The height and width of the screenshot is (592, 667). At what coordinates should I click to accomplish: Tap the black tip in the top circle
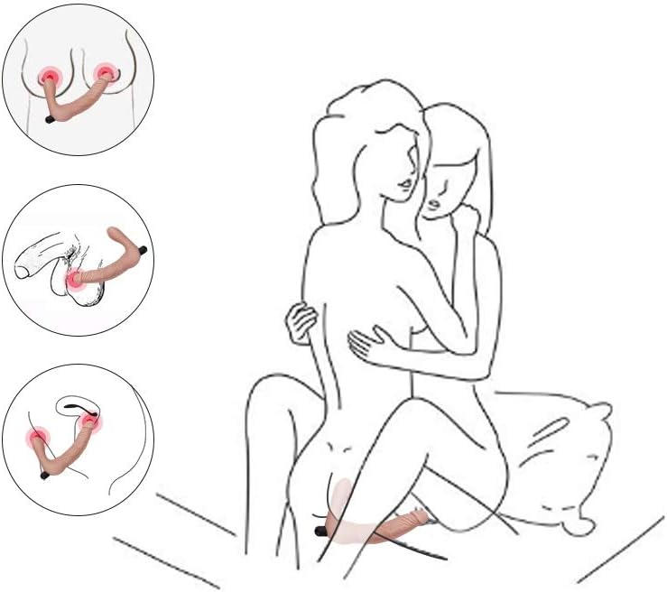click(x=51, y=118)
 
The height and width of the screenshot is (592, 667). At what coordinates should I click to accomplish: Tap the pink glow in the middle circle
click(x=75, y=279)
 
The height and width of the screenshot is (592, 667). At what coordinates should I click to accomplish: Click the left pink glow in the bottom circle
click(x=39, y=439)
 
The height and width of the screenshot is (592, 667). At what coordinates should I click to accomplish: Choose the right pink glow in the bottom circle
click(x=90, y=417)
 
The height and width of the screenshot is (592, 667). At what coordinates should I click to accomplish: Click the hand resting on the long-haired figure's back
click(x=301, y=321)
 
